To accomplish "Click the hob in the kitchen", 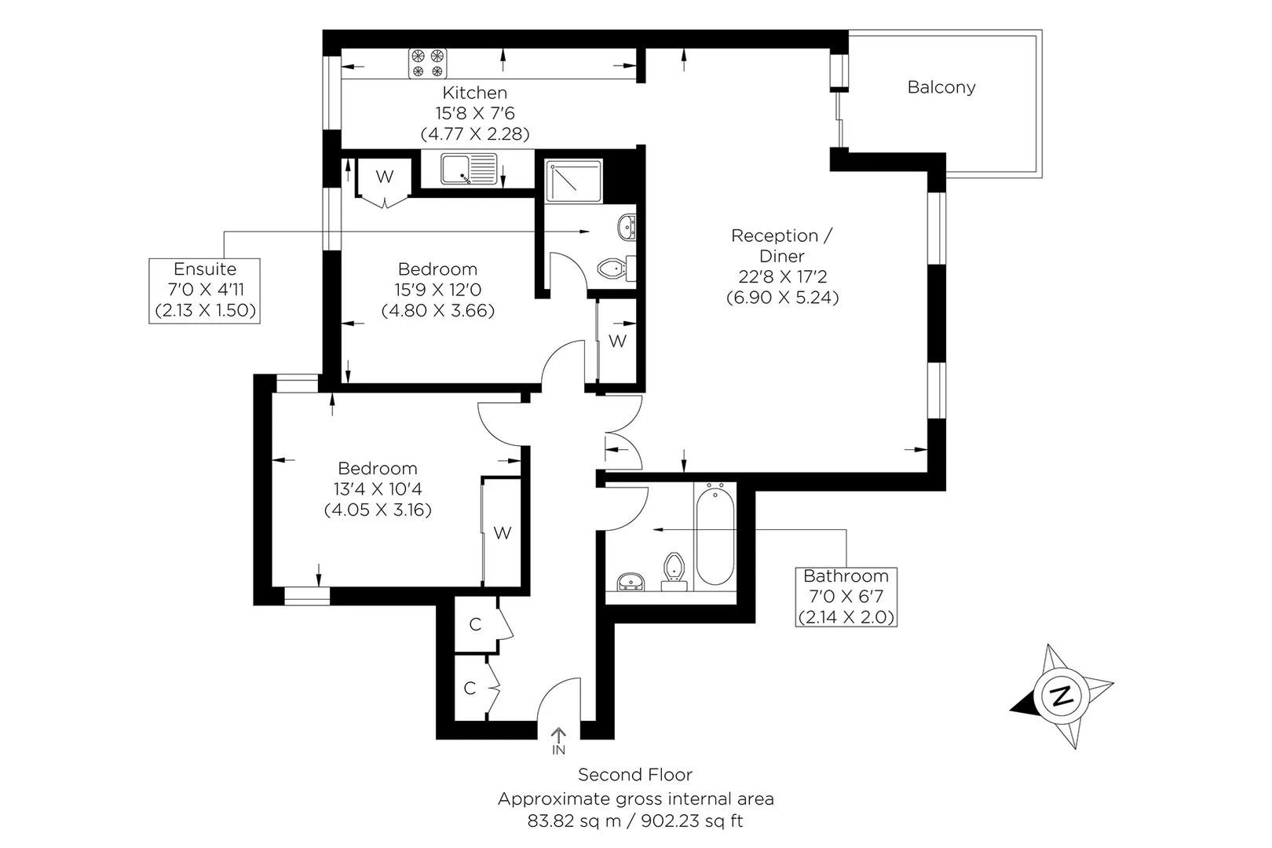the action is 428,63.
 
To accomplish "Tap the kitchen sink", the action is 469,170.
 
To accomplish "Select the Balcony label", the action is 941,87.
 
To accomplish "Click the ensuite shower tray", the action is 573,181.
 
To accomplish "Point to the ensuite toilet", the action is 616,268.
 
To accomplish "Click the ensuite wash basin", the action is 627,227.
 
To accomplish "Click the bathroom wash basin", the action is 631,582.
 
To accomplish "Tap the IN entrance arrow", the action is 559,741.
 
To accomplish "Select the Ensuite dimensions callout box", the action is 204,291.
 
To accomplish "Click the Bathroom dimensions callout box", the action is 846,597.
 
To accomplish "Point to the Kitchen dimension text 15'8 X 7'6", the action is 475,114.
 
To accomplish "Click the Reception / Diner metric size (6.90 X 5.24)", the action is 783,298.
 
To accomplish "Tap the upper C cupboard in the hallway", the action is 476,624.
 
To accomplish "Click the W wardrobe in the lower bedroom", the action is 502,533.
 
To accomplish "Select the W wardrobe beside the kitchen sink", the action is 385,177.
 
